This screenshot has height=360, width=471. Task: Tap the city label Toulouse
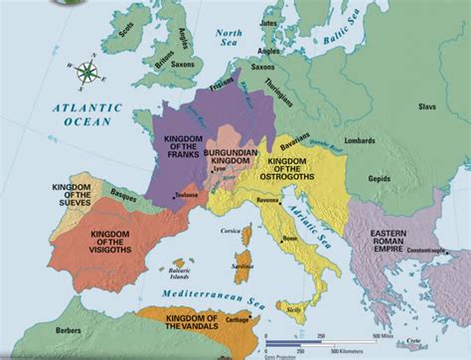185,195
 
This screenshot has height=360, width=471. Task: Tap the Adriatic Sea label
307,220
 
